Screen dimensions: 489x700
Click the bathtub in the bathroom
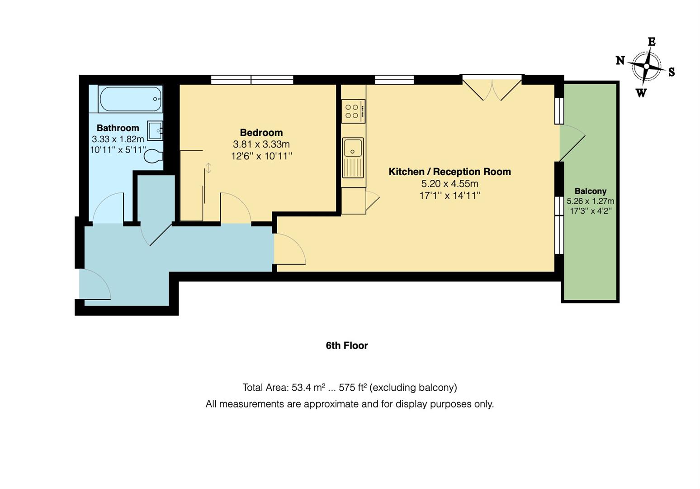[x=130, y=99]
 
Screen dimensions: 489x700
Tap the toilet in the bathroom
[x=153, y=156]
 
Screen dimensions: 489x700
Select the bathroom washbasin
[x=155, y=130]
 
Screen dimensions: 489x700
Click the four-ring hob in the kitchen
[x=353, y=111]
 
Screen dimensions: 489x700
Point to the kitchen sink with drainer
[x=353, y=158]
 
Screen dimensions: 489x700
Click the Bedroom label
[x=261, y=133]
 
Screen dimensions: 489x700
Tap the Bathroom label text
[x=118, y=128]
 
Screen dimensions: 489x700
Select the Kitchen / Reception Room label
[x=449, y=172]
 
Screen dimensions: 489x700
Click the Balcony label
[x=590, y=191]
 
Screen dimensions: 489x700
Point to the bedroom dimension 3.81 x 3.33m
[x=261, y=144]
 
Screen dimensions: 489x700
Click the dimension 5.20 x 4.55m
[x=449, y=184]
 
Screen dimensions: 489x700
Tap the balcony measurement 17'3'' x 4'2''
[x=590, y=211]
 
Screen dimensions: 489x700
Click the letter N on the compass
[x=620, y=60]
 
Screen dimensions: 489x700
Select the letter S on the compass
[x=671, y=72]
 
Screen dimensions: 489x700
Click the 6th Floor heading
[x=347, y=345]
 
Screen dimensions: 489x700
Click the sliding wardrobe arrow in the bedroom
[x=208, y=168]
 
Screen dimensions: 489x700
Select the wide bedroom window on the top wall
[x=252, y=80]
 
